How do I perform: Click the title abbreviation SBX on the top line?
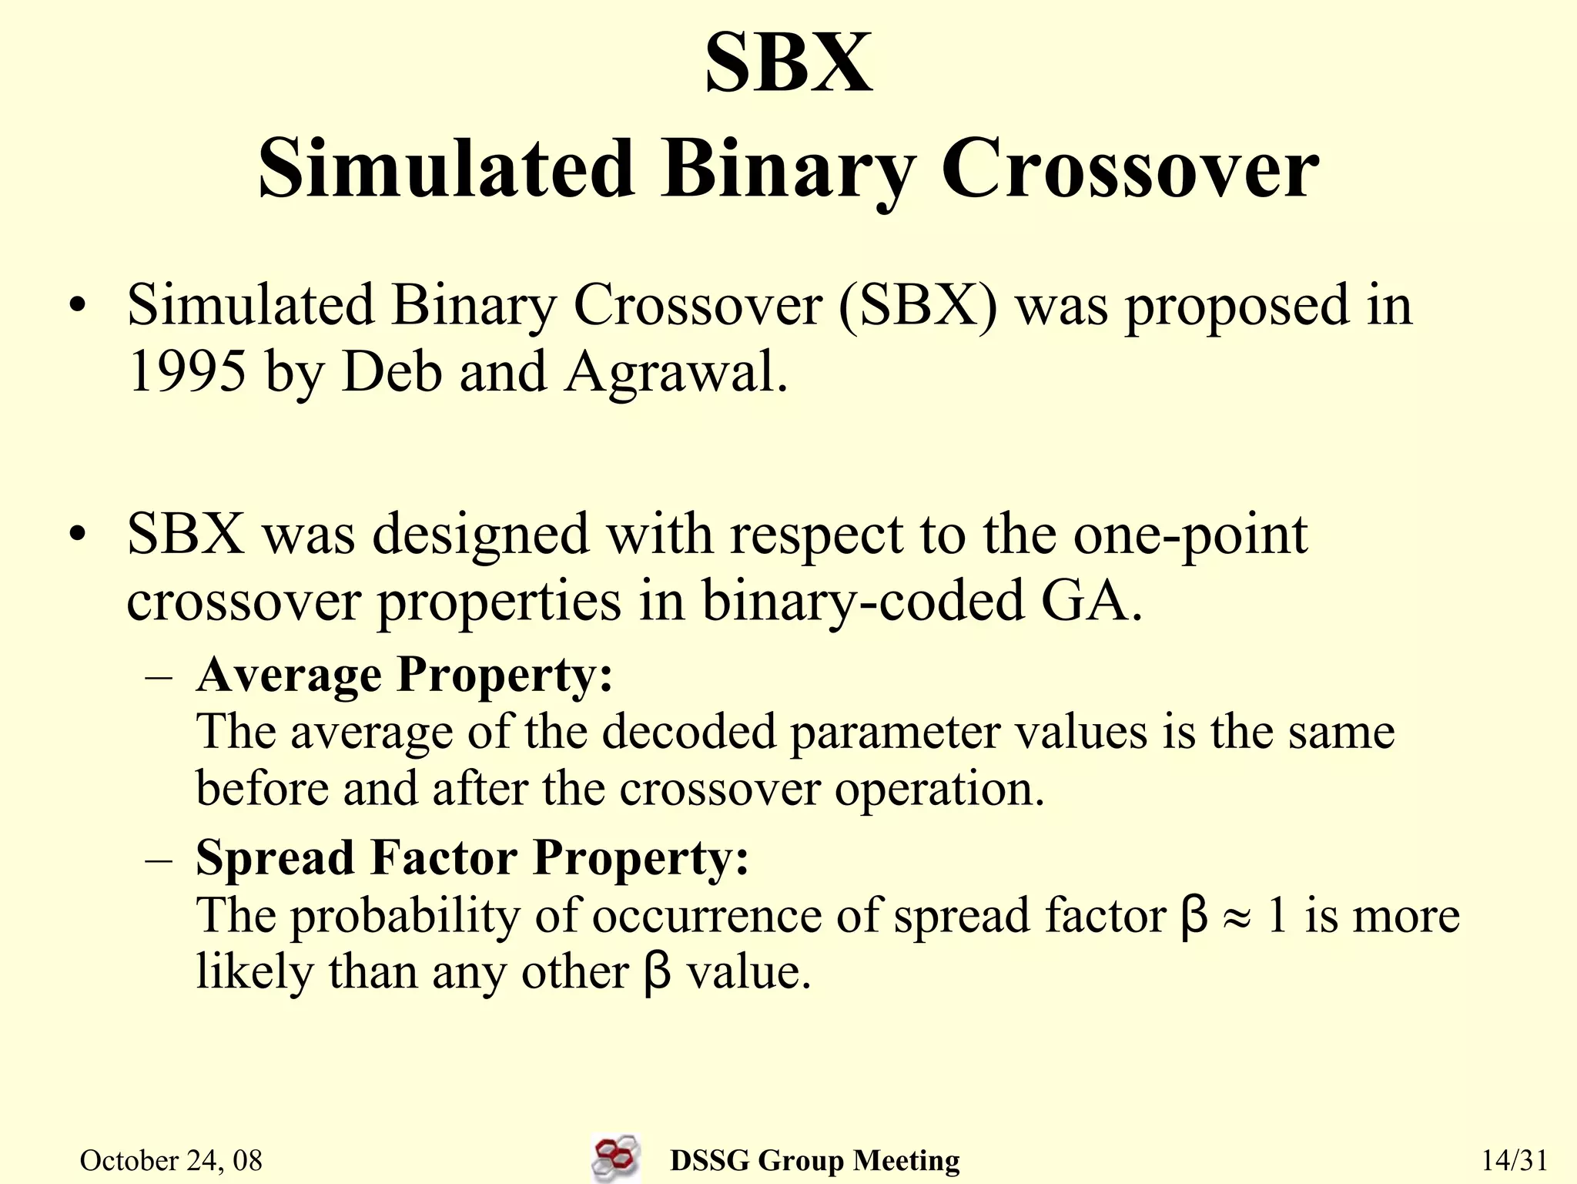(x=788, y=63)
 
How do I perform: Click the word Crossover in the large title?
(x=1130, y=169)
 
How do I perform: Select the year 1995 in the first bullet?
(x=187, y=372)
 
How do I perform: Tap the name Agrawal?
(x=675, y=372)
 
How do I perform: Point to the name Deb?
(x=392, y=372)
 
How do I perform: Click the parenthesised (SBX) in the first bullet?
(x=918, y=305)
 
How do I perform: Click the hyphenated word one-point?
(x=1190, y=535)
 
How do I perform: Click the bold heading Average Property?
(x=404, y=676)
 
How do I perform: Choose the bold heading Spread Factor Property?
(x=472, y=858)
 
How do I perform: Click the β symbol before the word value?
(x=657, y=973)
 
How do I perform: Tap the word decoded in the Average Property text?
(x=688, y=732)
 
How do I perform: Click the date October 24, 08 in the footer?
(x=171, y=1160)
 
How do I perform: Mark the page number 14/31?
(x=1514, y=1160)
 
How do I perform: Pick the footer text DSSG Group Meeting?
(x=815, y=1160)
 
